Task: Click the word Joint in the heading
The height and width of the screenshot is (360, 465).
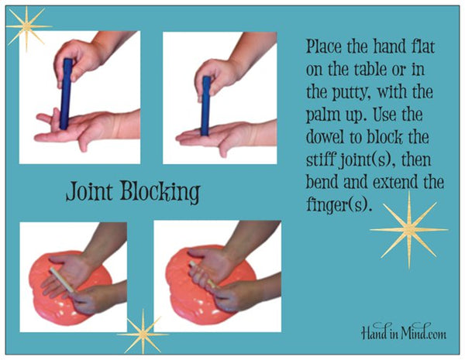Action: pos(90,191)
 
